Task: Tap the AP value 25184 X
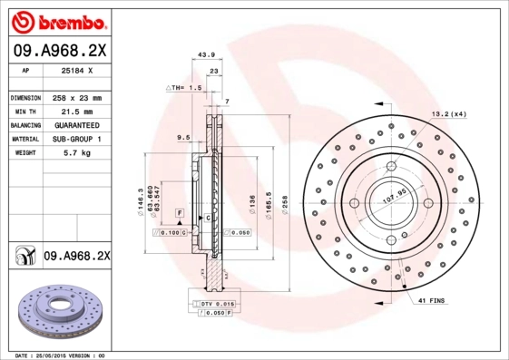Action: click(x=75, y=69)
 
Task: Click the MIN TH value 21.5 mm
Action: click(x=74, y=111)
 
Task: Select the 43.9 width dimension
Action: click(x=207, y=54)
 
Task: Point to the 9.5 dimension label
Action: click(x=182, y=137)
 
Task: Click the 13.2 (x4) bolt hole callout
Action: click(x=447, y=113)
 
